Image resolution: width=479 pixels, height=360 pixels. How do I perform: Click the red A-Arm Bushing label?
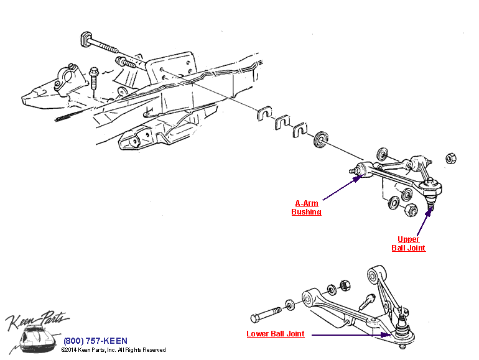click(x=306, y=208)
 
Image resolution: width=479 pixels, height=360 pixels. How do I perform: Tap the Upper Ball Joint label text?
click(x=408, y=244)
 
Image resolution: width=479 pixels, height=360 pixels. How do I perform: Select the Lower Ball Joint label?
click(x=276, y=334)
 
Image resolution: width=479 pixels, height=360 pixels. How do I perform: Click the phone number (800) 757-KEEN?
click(x=95, y=341)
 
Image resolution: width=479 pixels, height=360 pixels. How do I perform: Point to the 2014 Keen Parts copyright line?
click(x=113, y=351)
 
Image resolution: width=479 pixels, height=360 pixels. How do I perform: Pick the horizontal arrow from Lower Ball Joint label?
click(x=348, y=335)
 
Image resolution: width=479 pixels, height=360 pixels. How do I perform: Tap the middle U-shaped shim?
click(x=282, y=122)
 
